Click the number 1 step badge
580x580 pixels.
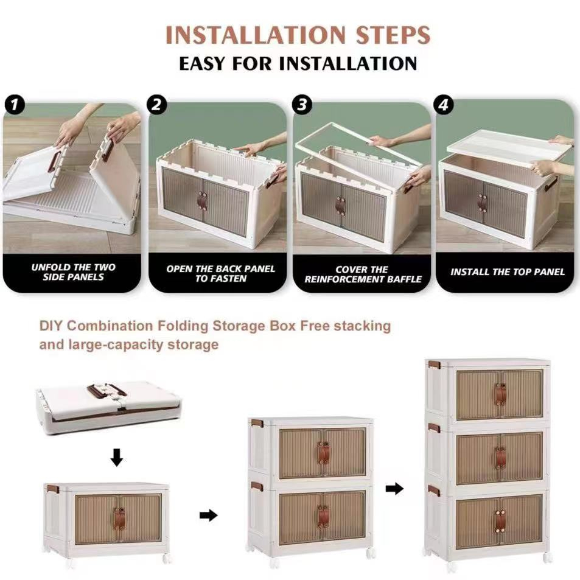point(15,105)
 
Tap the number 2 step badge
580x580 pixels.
point(157,105)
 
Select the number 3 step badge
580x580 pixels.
point(302,105)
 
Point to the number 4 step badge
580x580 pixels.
point(444,105)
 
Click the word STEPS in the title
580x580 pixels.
point(393,35)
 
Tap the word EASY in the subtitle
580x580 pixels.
point(202,63)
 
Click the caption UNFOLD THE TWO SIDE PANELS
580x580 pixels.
point(73,272)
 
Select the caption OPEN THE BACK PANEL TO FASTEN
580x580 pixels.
point(220,273)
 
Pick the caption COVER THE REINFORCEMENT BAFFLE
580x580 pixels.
point(363,274)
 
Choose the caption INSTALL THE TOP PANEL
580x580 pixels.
point(508,272)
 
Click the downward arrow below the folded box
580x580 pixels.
point(117,458)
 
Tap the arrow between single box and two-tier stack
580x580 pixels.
point(209,515)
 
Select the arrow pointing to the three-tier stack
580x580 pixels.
point(394,489)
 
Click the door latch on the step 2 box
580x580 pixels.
point(202,200)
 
